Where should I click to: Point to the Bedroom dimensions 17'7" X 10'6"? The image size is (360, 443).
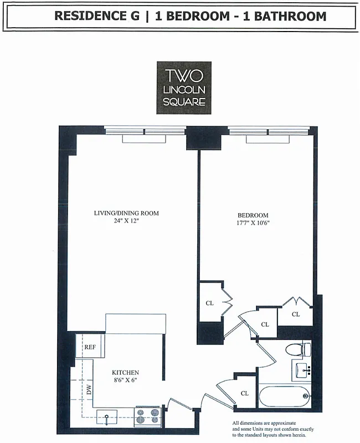point(253,224)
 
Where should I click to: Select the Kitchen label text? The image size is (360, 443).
point(125,373)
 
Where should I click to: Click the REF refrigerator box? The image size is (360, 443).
point(90,347)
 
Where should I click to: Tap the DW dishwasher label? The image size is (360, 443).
point(88,390)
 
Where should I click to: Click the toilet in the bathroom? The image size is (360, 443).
point(299,349)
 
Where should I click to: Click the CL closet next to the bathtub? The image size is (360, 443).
point(244,393)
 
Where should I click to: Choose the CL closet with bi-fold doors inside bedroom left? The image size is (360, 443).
point(210,303)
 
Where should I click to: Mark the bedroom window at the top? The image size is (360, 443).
point(269,132)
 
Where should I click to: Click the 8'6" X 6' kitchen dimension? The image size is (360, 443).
point(125,380)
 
